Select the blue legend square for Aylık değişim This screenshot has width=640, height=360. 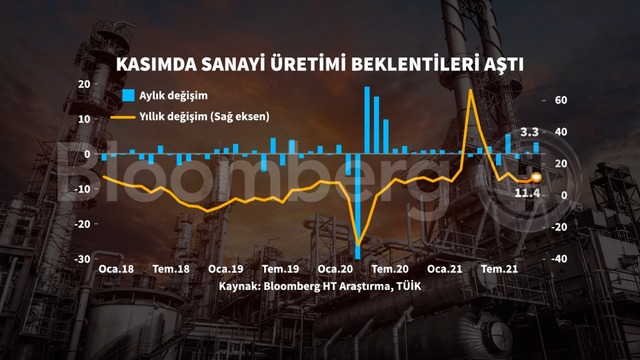pyautogui.click(x=128, y=95)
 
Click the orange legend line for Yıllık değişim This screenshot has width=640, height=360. pyautogui.click(x=122, y=117)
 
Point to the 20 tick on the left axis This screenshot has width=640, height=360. pyautogui.click(x=84, y=84)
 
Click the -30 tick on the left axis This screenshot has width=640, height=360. pyautogui.click(x=83, y=259)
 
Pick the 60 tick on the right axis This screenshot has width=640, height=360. pyautogui.click(x=561, y=100)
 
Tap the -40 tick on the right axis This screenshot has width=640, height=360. pyautogui.click(x=559, y=259)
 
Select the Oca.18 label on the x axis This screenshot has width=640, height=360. pyautogui.click(x=116, y=269)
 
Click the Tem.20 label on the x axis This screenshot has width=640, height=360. pyautogui.click(x=390, y=269)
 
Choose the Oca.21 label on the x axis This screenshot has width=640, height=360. pyautogui.click(x=444, y=269)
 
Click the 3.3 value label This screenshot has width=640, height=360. pyautogui.click(x=529, y=132)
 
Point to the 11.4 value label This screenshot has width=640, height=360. pyautogui.click(x=527, y=193)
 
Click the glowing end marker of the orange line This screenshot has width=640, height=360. pyautogui.click(x=536, y=177)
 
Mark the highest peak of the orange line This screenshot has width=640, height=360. pyautogui.click(x=471, y=90)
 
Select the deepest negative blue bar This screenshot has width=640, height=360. pyautogui.click(x=358, y=206)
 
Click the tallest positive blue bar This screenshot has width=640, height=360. pyautogui.click(x=367, y=120)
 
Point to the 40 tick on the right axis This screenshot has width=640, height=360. pyautogui.click(x=561, y=132)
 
